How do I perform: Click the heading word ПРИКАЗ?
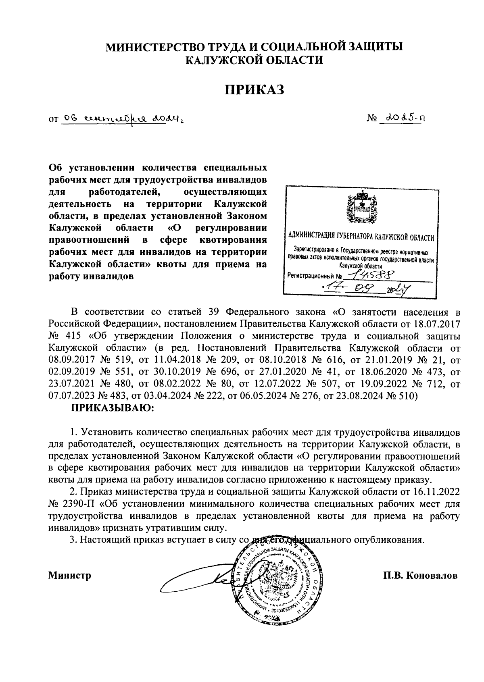tap(255, 89)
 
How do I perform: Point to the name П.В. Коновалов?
tap(421, 575)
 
